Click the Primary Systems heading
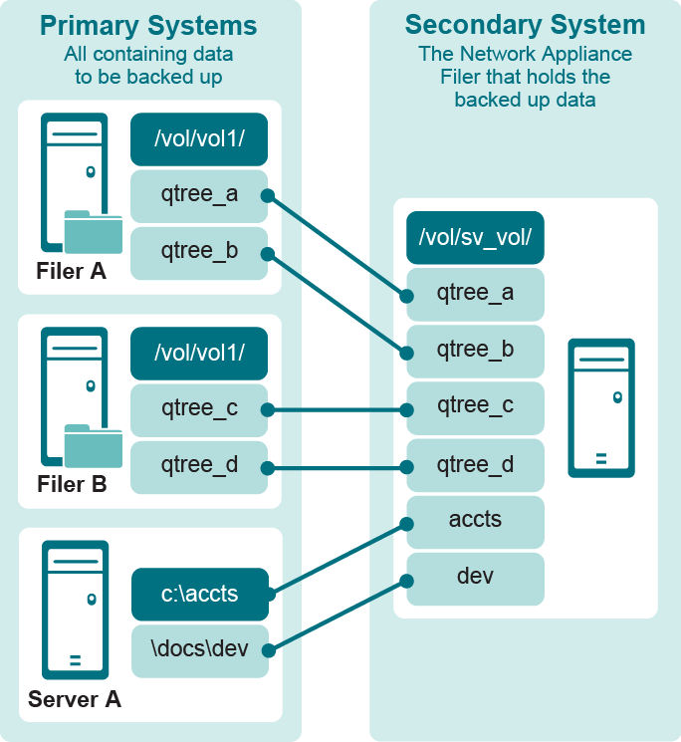148,25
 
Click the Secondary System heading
525,25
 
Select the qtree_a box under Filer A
199,195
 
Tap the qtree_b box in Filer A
199,251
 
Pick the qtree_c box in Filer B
199,409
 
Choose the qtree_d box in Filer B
199,466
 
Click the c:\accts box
200,595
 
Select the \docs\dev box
200,650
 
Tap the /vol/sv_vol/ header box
475,237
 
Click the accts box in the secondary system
475,521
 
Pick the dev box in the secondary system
475,578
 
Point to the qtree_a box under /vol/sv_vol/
475,294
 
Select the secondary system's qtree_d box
475,464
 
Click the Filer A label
71,271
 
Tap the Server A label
75,699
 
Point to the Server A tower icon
75,610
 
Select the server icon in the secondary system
600,408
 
